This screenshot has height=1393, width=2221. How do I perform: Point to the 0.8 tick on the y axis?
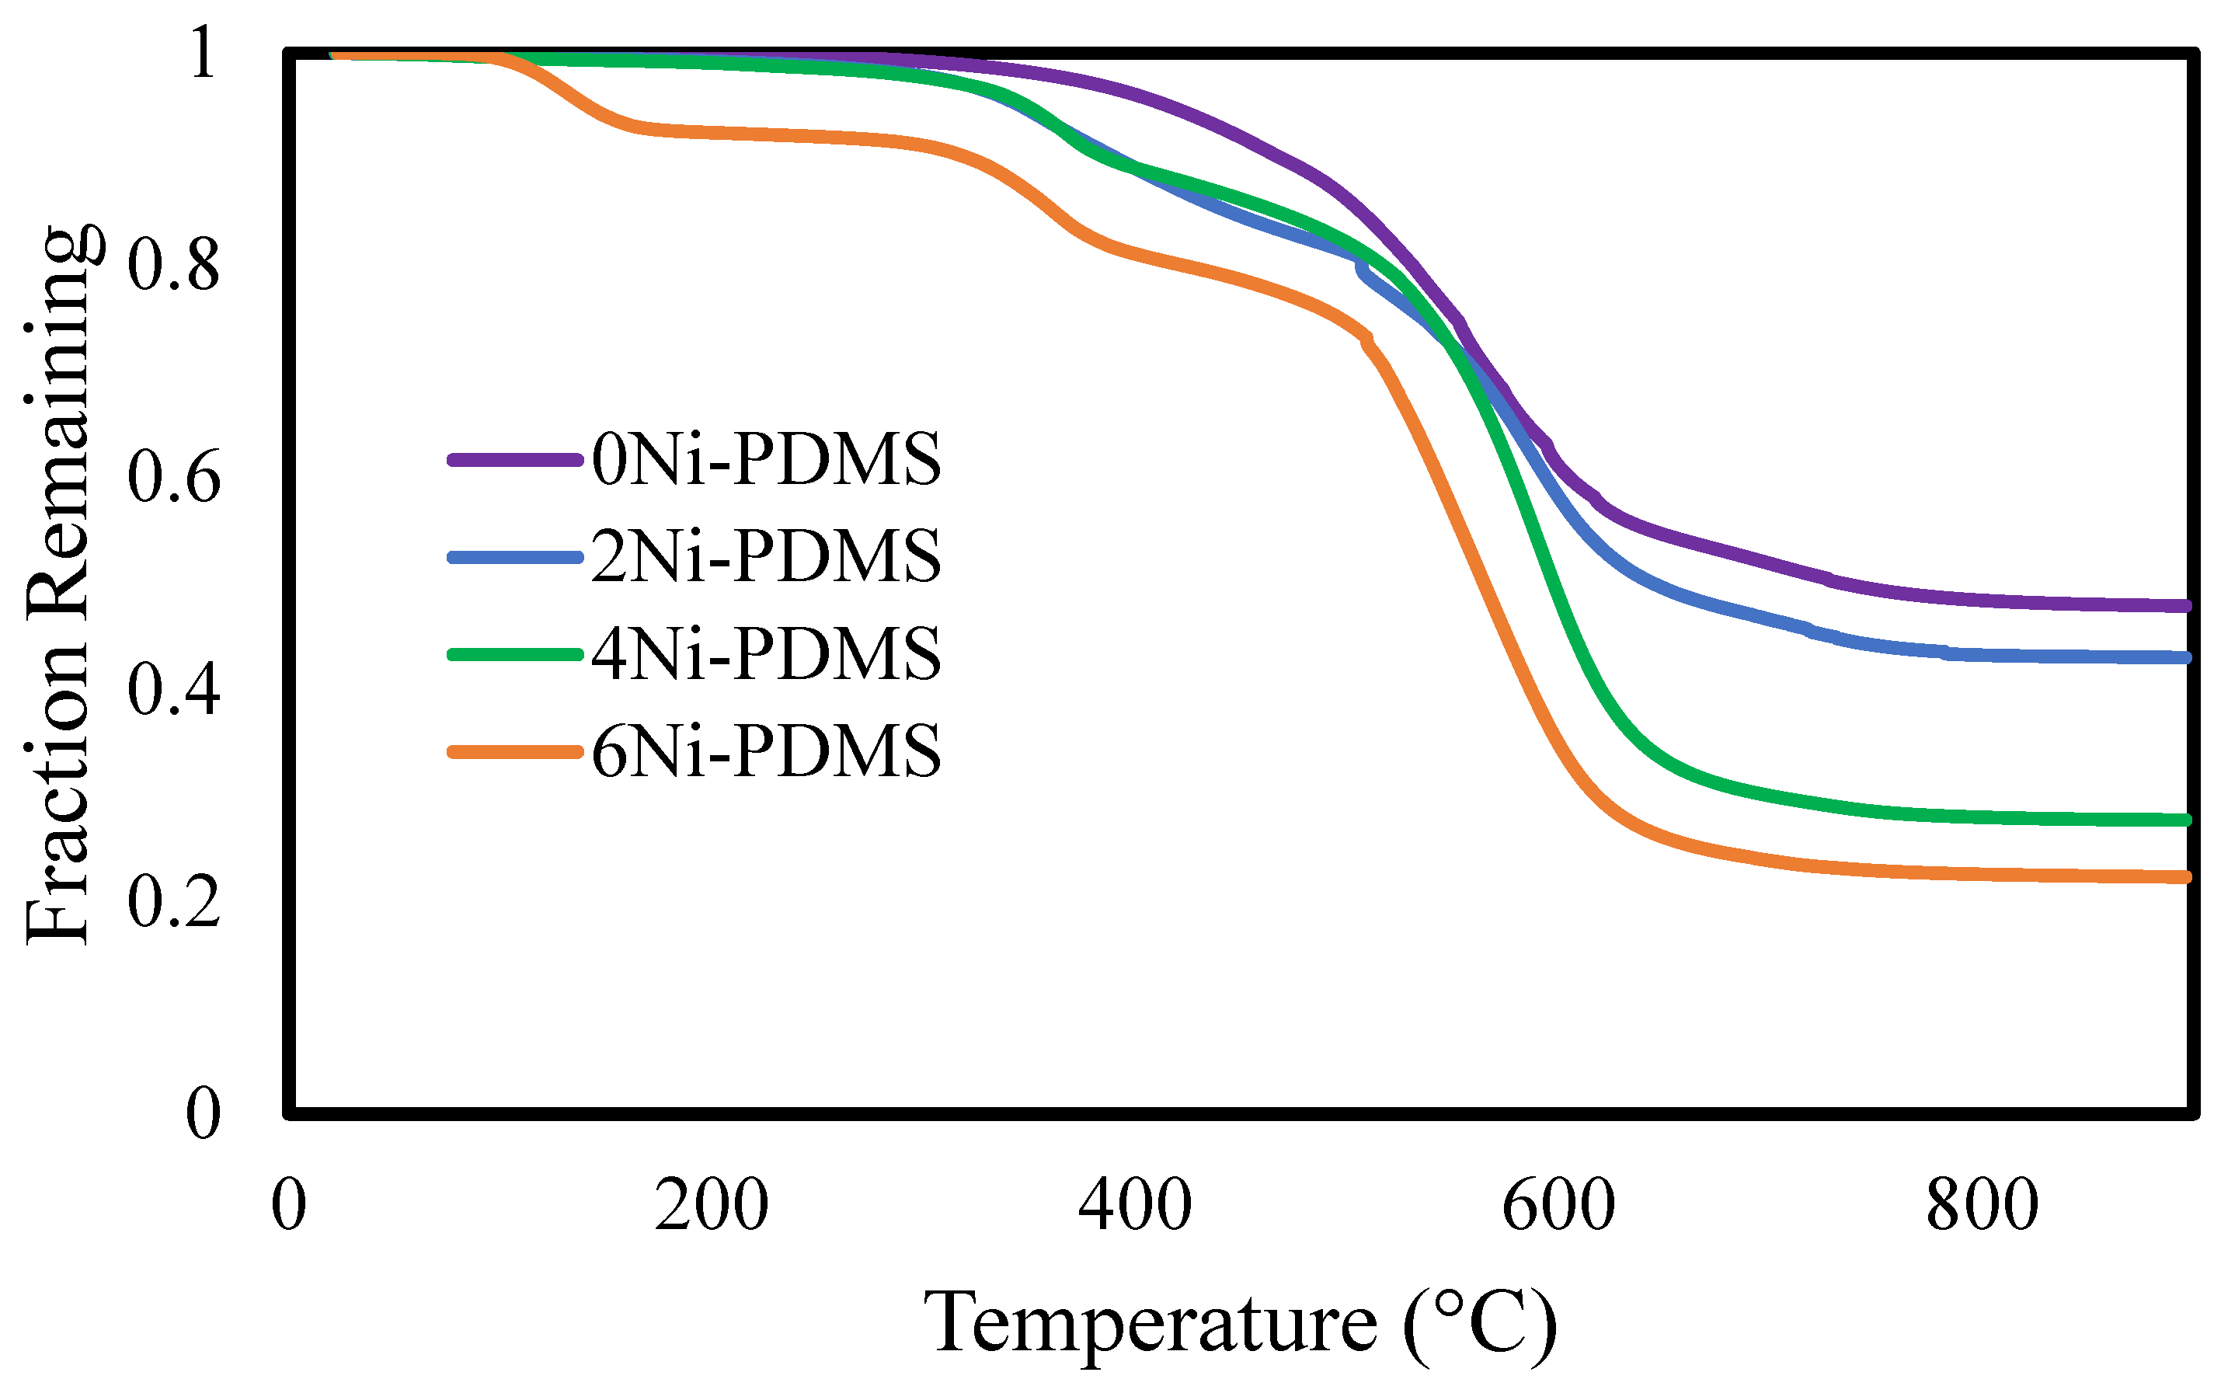point(174,266)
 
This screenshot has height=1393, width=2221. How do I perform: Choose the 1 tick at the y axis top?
point(202,54)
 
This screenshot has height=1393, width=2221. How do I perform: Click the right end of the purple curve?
point(2185,605)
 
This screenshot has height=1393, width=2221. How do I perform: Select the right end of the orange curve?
point(2185,877)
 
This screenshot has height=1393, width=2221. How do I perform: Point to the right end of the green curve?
point(2185,820)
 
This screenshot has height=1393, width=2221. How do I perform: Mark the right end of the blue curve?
point(2185,657)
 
